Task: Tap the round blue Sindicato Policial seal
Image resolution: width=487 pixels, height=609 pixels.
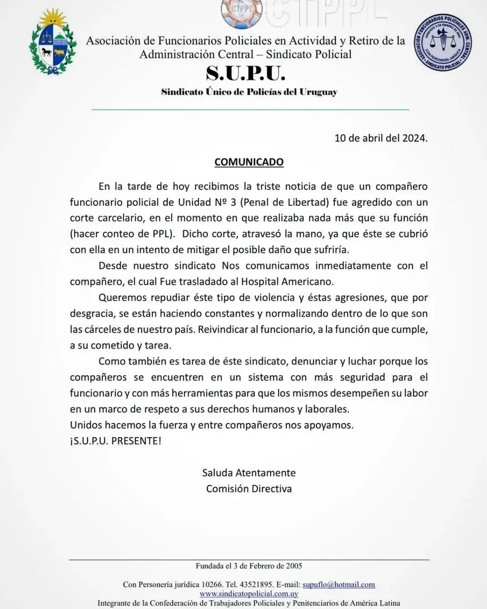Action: [442, 42]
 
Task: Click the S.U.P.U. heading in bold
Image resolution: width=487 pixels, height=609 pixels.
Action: [246, 73]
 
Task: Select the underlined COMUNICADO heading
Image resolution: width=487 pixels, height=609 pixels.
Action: [249, 162]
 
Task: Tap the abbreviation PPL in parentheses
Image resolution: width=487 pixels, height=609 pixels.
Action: [164, 234]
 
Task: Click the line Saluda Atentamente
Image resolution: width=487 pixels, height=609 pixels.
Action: [249, 473]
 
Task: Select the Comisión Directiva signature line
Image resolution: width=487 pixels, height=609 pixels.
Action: [249, 489]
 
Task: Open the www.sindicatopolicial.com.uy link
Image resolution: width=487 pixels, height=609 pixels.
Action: [249, 594]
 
